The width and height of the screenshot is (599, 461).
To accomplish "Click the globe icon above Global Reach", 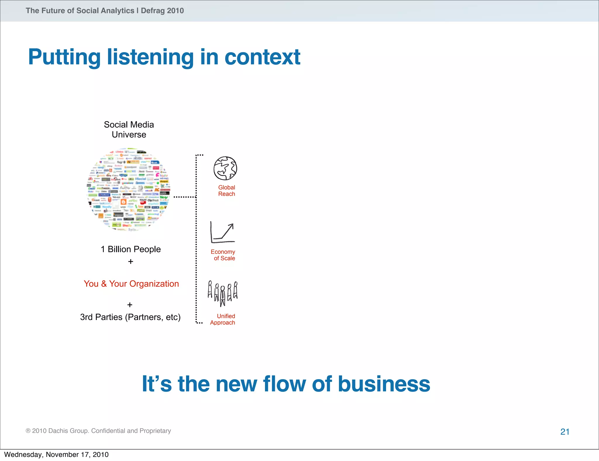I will pos(225,168).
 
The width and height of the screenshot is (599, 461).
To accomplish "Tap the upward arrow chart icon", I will pos(223,232).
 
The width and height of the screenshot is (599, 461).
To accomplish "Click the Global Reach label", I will pos(226,191).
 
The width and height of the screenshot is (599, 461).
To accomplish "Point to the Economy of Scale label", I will pos(223,255).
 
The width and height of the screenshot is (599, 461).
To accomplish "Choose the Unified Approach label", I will pos(223,319).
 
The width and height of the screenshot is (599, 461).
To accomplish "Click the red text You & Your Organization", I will pos(131,284).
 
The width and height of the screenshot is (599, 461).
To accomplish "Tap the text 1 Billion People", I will pos(131,249).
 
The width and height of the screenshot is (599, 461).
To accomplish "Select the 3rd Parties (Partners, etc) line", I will pos(130,317).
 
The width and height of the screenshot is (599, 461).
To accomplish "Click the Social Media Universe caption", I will pos(129,130).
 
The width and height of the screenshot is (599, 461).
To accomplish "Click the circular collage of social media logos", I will pos(129,190).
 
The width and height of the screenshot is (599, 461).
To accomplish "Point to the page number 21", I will pos(565,432).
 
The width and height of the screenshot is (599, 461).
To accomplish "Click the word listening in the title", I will pos(150,57).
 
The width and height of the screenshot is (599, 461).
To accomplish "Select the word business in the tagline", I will pos(384,384).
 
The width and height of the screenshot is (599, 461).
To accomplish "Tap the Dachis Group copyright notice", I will pos(98,431).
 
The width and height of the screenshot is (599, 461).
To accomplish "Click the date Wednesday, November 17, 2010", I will pos(56,455).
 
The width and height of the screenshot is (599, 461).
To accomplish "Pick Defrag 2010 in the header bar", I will pos(162,11).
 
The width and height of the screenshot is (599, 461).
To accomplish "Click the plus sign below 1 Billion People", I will pos(131,262).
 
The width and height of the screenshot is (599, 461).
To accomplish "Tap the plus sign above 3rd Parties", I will pos(130,305).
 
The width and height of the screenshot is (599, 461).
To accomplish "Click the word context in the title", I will pos(262,57).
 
